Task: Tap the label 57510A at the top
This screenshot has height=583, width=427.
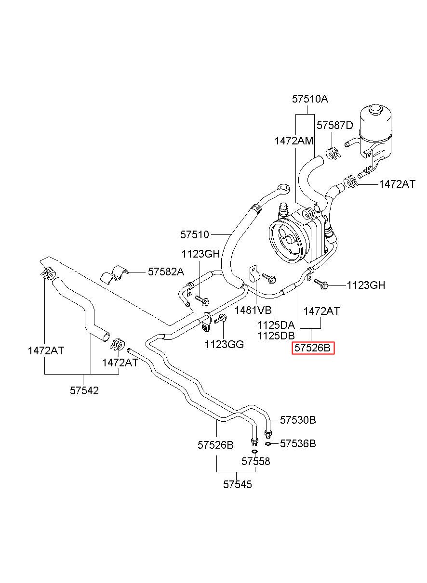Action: pyautogui.click(x=310, y=99)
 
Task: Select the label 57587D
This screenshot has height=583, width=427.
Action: pyautogui.click(x=334, y=126)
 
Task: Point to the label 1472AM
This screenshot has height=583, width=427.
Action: pyautogui.click(x=294, y=141)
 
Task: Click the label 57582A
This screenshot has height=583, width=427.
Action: pyautogui.click(x=166, y=272)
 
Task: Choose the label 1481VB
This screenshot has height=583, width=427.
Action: pyautogui.click(x=253, y=310)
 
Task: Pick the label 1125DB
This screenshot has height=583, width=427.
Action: pyautogui.click(x=276, y=336)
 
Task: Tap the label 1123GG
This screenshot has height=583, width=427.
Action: pyautogui.click(x=224, y=344)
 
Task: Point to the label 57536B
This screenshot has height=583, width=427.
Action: pyautogui.click(x=298, y=443)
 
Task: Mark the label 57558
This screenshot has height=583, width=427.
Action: pyautogui.click(x=255, y=462)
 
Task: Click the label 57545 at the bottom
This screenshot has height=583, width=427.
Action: pyautogui.click(x=237, y=484)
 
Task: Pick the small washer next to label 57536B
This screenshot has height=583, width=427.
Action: pyautogui.click(x=268, y=443)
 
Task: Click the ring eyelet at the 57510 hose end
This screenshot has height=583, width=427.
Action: pyautogui.click(x=283, y=188)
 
